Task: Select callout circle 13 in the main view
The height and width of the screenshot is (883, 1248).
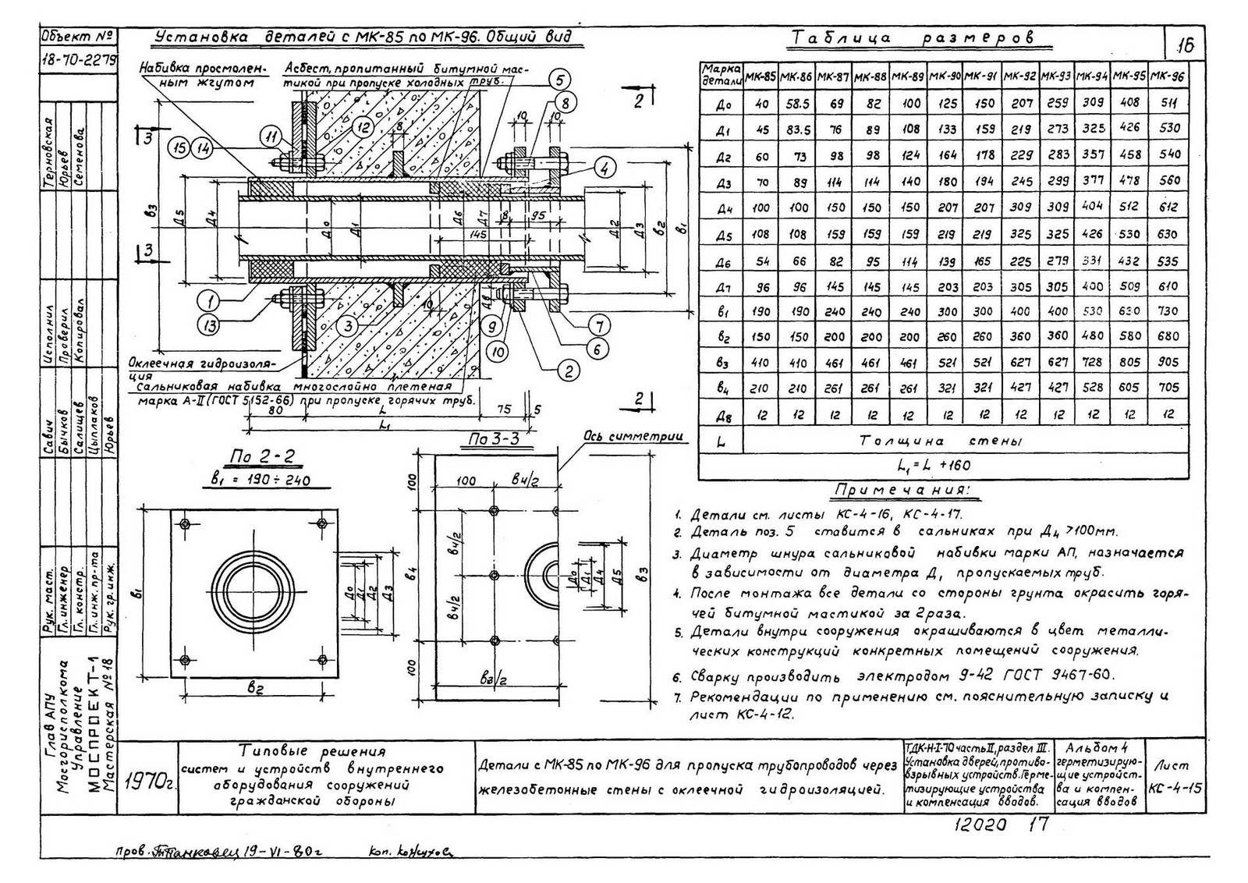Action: pyautogui.click(x=208, y=326)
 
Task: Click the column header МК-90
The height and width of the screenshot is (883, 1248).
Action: pyautogui.click(x=945, y=76)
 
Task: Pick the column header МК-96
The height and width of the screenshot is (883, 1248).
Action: pyautogui.click(x=1168, y=76)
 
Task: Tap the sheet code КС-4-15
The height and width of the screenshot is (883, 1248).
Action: pyautogui.click(x=1175, y=788)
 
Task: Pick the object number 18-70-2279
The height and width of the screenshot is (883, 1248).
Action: pyautogui.click(x=77, y=58)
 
